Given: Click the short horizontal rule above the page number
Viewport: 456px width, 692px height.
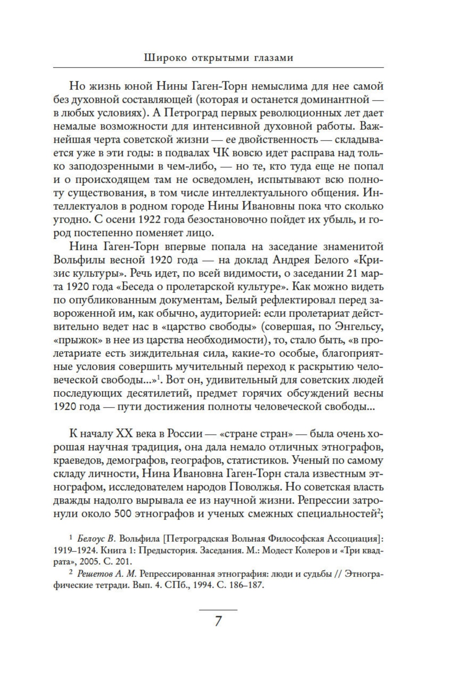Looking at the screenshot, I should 218,609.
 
